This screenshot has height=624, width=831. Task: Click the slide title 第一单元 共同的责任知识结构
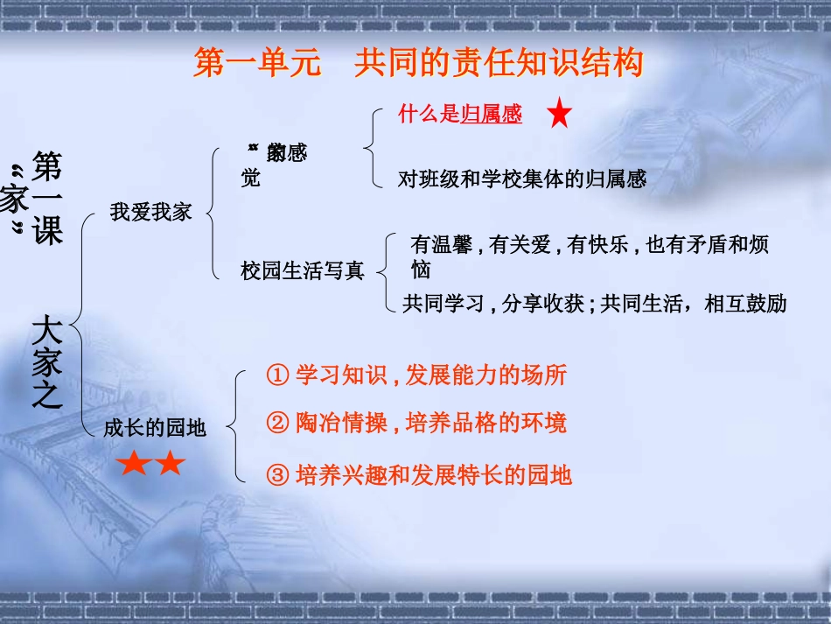pyautogui.click(x=418, y=64)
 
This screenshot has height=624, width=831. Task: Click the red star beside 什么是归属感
pyautogui.click(x=560, y=114)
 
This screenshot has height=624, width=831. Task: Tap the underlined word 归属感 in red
pyautogui.click(x=492, y=114)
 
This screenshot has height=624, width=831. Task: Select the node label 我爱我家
pyautogui.click(x=150, y=212)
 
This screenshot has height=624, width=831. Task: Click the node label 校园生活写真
pyautogui.click(x=303, y=271)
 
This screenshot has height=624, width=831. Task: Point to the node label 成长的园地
pyautogui.click(x=155, y=427)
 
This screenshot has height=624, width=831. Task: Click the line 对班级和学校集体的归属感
pyautogui.click(x=522, y=179)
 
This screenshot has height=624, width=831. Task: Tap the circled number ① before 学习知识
pyautogui.click(x=276, y=376)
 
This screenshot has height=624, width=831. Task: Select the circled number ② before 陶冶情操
pyautogui.click(x=276, y=424)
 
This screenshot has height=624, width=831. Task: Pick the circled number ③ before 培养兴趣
pyautogui.click(x=276, y=475)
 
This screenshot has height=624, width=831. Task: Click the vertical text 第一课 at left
pyautogui.click(x=47, y=198)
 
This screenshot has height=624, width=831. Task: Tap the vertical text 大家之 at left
pyautogui.click(x=47, y=363)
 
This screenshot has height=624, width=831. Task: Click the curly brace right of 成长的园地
pyautogui.click(x=235, y=426)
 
